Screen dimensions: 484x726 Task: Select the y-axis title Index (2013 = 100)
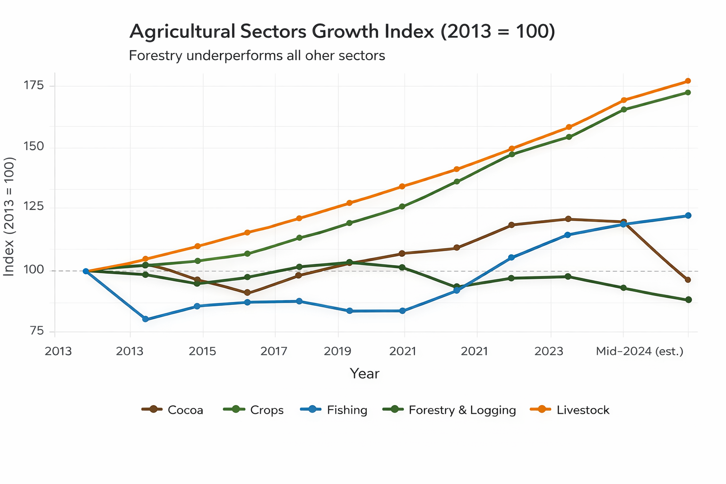9,216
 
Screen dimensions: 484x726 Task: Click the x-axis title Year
364,374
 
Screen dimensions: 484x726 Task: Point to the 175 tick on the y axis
34,86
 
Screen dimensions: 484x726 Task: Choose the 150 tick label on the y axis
34,147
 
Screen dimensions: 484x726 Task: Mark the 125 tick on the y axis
34,207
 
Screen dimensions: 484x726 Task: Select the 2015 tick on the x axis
202,352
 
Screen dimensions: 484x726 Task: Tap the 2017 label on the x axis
274,352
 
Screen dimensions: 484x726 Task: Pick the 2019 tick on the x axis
337,352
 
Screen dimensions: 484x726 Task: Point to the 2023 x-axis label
549,352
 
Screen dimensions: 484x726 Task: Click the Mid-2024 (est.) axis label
640,352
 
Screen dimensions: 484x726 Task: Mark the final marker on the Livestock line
688,81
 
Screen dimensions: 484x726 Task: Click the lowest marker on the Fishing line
146,320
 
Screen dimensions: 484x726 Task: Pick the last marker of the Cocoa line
688,280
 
